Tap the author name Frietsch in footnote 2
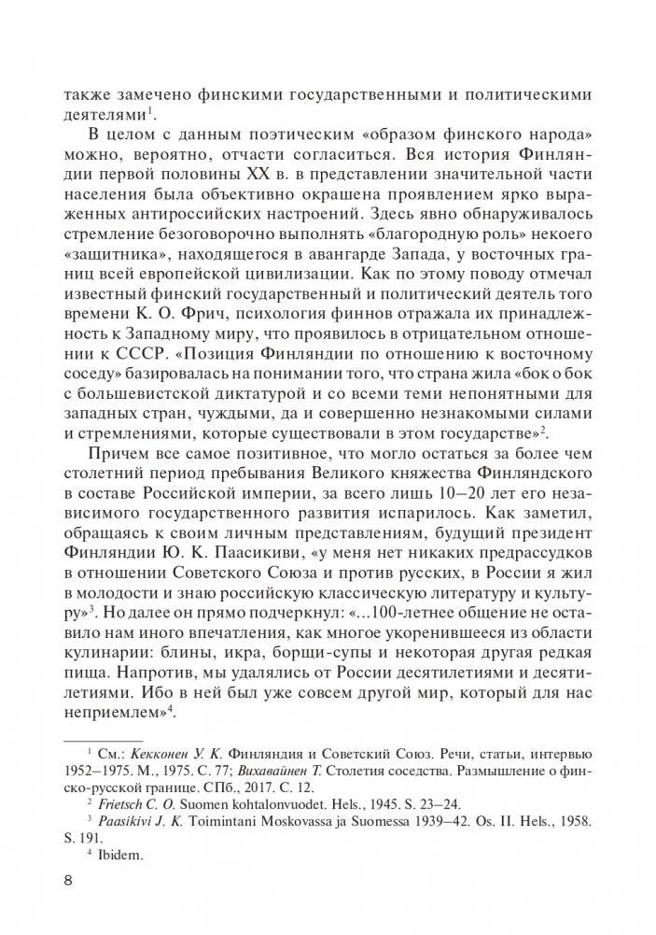click(x=125, y=802)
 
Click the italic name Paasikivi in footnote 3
click(x=128, y=819)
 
